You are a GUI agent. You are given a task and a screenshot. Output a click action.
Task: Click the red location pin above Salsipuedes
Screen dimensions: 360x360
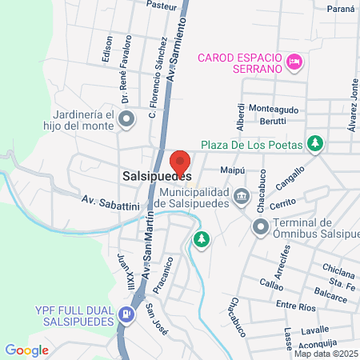(x=180, y=160)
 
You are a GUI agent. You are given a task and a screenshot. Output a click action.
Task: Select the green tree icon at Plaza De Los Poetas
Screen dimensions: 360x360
(x=316, y=144)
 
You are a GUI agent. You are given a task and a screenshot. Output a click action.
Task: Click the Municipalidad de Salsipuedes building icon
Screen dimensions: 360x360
(x=241, y=196)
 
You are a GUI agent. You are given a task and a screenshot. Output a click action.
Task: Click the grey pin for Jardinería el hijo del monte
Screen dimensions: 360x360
(x=126, y=120)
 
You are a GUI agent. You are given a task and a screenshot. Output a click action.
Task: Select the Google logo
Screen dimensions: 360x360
(x=26, y=350)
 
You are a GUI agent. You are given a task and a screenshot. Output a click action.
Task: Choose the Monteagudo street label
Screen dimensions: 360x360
(x=274, y=109)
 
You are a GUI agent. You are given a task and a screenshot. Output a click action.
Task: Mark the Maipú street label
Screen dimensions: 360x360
(x=231, y=170)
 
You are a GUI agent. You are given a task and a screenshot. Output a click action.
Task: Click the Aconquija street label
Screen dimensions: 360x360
(x=328, y=342)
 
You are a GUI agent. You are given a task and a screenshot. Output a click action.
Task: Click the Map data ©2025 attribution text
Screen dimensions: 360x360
(x=325, y=353)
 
